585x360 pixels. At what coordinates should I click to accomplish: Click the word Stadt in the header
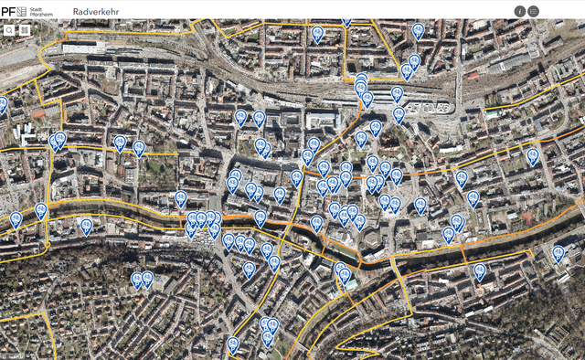[37, 7]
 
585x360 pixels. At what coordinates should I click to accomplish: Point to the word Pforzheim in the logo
[42, 14]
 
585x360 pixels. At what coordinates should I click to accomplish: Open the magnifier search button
[9, 30]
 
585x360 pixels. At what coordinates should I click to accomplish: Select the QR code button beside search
[25, 30]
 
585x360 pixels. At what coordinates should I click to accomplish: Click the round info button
[520, 11]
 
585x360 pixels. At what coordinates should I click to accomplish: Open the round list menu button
[534, 11]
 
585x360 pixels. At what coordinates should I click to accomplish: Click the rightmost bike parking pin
[558, 253]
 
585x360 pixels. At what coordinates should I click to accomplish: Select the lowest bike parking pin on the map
[233, 344]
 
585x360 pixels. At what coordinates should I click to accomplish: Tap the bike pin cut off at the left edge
[2, 104]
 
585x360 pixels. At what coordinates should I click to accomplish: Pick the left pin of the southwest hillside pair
[137, 279]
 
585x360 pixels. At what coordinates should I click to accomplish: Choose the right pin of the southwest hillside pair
[147, 279]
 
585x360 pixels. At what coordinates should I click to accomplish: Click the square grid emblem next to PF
[22, 10]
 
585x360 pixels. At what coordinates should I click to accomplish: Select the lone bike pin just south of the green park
[181, 198]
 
